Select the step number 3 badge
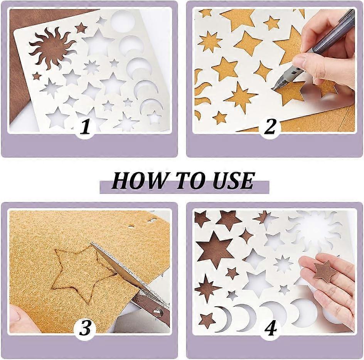85,329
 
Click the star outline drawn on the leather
79,274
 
